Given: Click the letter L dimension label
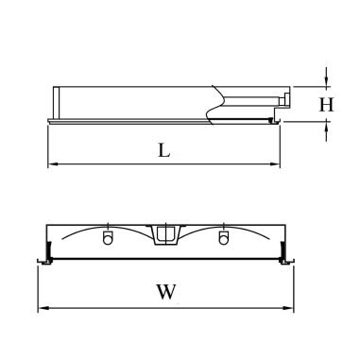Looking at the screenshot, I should click(x=163, y=148).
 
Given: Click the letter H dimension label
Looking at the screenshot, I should click(x=326, y=104).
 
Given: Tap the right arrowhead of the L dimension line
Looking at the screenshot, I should click(x=279, y=164).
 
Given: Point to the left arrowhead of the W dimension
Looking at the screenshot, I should click(x=43, y=308).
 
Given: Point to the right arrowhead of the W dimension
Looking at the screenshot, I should click(x=290, y=308).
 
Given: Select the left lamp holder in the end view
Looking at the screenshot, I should click(x=107, y=236).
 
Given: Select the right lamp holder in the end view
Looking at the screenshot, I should click(x=224, y=236).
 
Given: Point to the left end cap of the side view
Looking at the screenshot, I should click(x=53, y=101).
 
